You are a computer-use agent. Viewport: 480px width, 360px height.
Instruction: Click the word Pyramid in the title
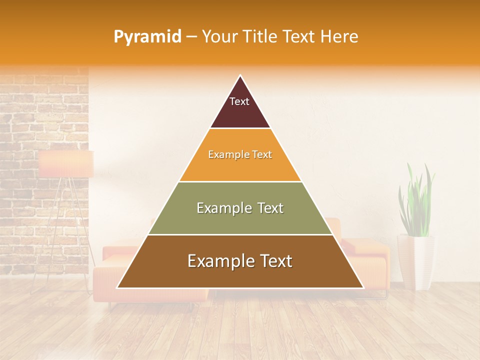(x=147, y=37)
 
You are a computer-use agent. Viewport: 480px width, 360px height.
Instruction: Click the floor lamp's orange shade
(x=66, y=163)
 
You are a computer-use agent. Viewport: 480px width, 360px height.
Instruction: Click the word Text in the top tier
(x=239, y=101)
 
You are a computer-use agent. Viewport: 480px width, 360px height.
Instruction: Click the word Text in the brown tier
(x=272, y=261)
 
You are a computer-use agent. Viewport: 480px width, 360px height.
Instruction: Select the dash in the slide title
(x=191, y=37)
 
